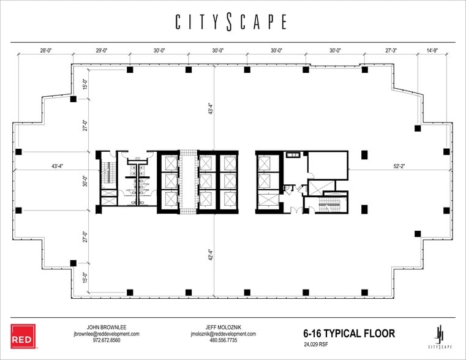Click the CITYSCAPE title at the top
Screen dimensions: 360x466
point(231,22)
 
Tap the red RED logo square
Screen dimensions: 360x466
point(23,336)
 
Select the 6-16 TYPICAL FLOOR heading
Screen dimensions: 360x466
point(348,334)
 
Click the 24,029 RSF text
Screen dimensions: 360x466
point(318,345)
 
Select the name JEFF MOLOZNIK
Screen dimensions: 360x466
point(223,327)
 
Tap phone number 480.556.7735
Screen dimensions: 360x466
point(223,340)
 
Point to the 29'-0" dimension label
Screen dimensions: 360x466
point(102,51)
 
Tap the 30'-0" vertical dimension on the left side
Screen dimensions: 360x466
point(86,182)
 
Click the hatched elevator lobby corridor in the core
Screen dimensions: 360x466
point(188,182)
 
